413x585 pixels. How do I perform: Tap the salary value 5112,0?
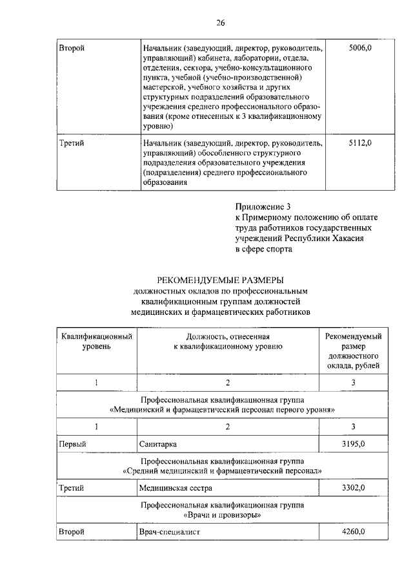pyautogui.click(x=361, y=142)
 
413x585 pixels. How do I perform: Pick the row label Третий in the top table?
pyautogui.click(x=72, y=142)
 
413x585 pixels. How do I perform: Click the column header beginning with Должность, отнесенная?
pyautogui.click(x=228, y=342)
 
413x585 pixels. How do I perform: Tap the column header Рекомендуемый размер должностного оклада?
pyautogui.click(x=353, y=351)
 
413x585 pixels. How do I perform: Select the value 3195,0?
pyautogui.click(x=353, y=444)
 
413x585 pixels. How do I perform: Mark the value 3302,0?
pyautogui.click(x=353, y=487)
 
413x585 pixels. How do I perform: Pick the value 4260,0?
pyautogui.click(x=353, y=531)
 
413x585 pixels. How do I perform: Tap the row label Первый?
pyautogui.click(x=72, y=444)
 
